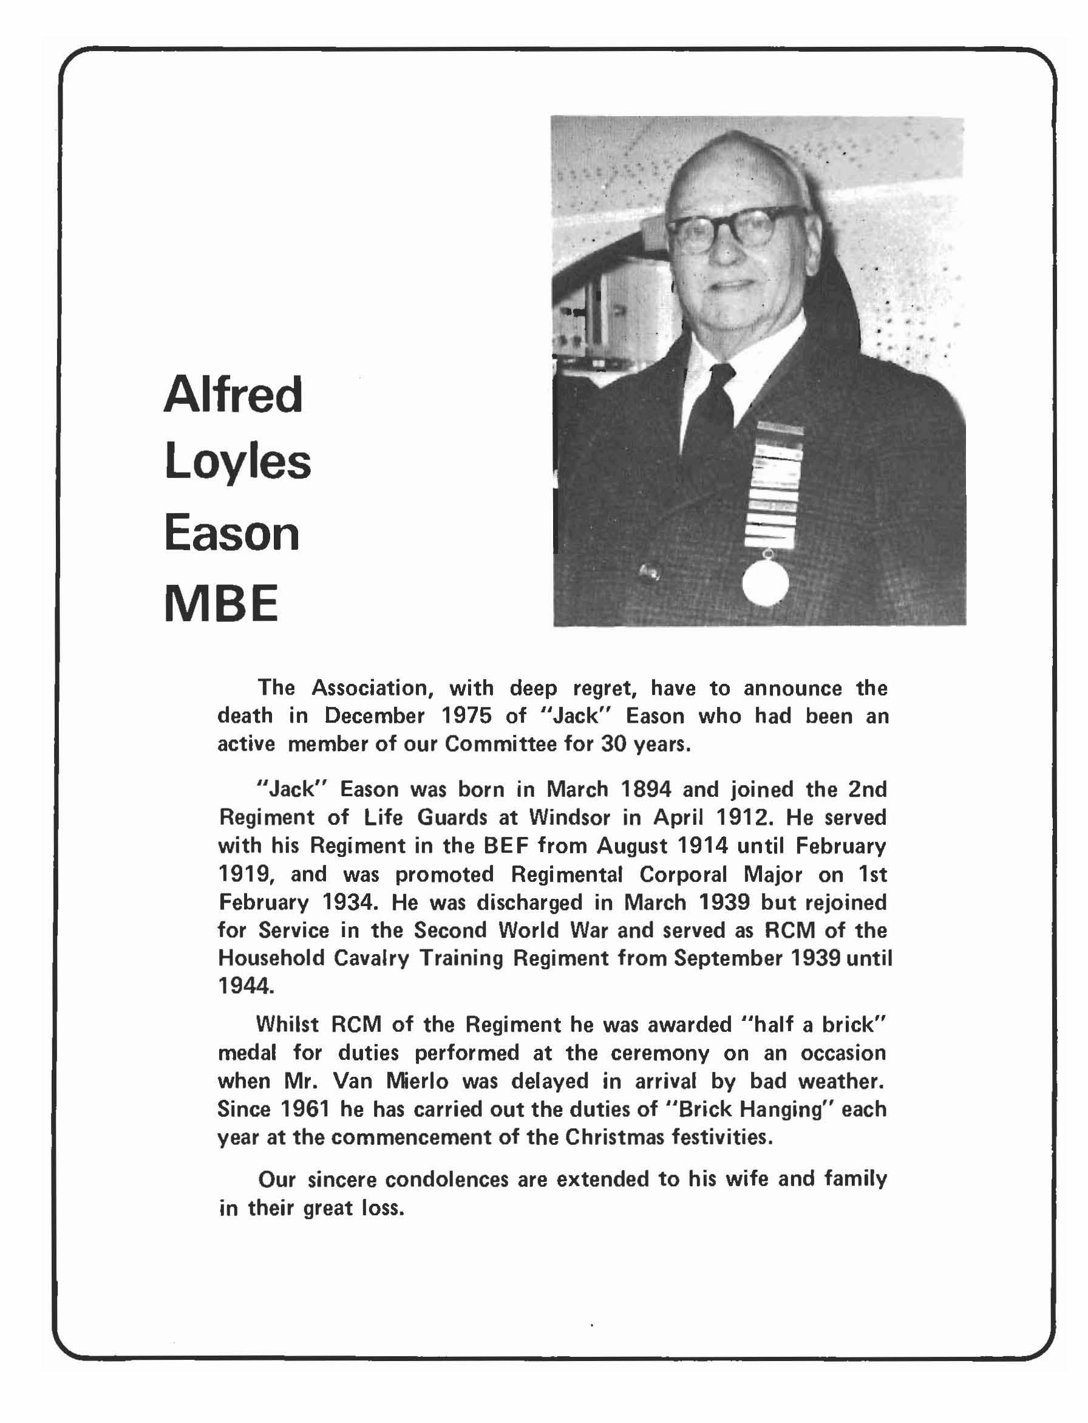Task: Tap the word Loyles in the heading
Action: (x=237, y=464)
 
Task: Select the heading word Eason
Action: (x=232, y=534)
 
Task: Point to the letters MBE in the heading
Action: (x=221, y=604)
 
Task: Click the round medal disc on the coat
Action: (x=765, y=582)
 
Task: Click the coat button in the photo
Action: (x=650, y=573)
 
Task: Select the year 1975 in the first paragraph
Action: (x=466, y=715)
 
